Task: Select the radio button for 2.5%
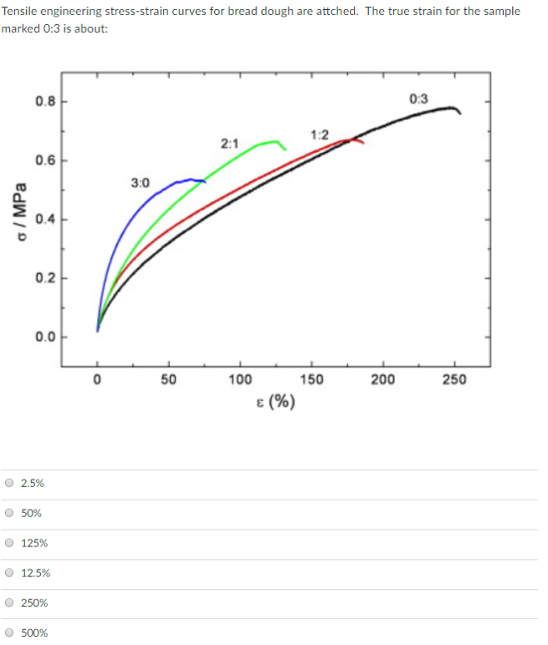pos(9,483)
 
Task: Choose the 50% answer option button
pos(9,513)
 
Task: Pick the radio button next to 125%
pos(9,543)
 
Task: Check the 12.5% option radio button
pos(9,573)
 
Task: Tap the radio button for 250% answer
pos(9,602)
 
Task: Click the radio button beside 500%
pos(9,632)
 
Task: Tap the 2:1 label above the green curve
pos(229,144)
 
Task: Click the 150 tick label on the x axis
pos(311,380)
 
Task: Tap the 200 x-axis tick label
pos(383,380)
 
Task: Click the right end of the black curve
pos(460,113)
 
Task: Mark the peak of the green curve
pos(274,141)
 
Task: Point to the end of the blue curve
pos(205,180)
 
